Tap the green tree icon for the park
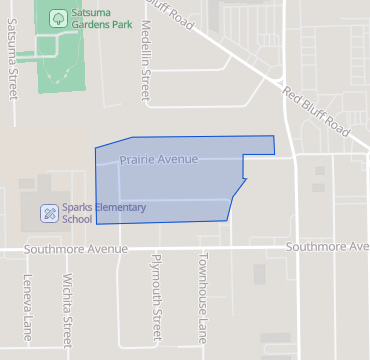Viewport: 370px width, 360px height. [57, 17]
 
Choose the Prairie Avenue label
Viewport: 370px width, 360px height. [159, 160]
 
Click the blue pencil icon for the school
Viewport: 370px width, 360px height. [48, 212]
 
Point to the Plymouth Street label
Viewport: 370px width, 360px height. [156, 299]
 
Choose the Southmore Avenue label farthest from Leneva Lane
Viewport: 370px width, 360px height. [326, 246]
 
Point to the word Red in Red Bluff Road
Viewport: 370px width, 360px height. [294, 97]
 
